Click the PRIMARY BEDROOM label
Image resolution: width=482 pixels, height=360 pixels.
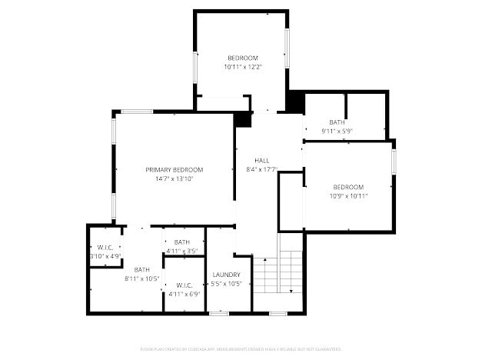point(175,169)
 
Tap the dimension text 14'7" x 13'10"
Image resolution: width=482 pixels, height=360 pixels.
point(175,178)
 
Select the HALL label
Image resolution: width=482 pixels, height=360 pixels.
point(261,160)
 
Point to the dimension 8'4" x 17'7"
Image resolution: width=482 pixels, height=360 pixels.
point(261,169)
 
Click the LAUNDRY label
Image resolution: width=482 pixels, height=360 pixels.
point(226,275)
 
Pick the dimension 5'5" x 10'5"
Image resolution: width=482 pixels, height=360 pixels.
point(226,284)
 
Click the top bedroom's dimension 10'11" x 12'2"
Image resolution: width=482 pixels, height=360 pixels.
point(242,68)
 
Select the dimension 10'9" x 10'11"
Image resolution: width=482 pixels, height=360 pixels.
point(348,196)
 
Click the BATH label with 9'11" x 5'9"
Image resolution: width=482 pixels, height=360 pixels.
point(337,122)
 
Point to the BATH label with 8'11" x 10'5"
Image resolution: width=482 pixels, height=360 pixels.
point(142,269)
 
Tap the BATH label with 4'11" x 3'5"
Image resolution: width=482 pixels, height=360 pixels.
point(182,242)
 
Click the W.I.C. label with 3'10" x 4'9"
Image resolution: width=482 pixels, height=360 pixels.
point(105,247)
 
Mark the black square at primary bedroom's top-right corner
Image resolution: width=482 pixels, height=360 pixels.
point(243,119)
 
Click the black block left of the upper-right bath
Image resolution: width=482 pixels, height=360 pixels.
point(295,102)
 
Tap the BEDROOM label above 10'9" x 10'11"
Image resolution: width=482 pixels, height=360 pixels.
point(348,187)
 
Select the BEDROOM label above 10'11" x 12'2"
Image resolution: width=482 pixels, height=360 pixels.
point(242,58)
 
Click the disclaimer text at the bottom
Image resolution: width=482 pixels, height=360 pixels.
point(241,348)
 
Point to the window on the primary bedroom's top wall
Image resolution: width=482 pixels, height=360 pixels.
point(137,112)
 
